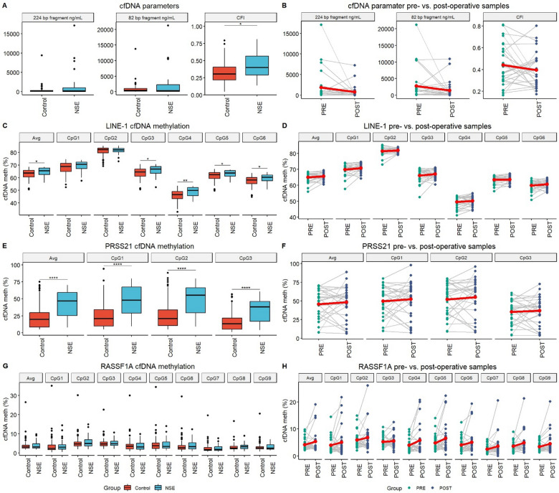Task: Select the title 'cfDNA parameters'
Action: [141, 5]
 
